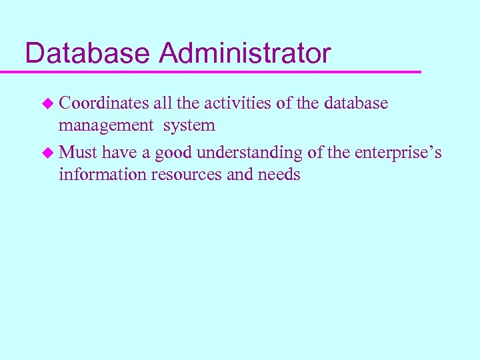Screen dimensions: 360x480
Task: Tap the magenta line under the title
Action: (x=220, y=71)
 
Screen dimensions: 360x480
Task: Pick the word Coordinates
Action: (x=103, y=103)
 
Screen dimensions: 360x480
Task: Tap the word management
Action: (x=105, y=125)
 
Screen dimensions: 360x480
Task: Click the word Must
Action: (x=78, y=153)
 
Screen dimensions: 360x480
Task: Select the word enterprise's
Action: (x=398, y=153)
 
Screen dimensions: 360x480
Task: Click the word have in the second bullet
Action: (x=120, y=153)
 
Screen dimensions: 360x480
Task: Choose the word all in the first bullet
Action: (x=162, y=103)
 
